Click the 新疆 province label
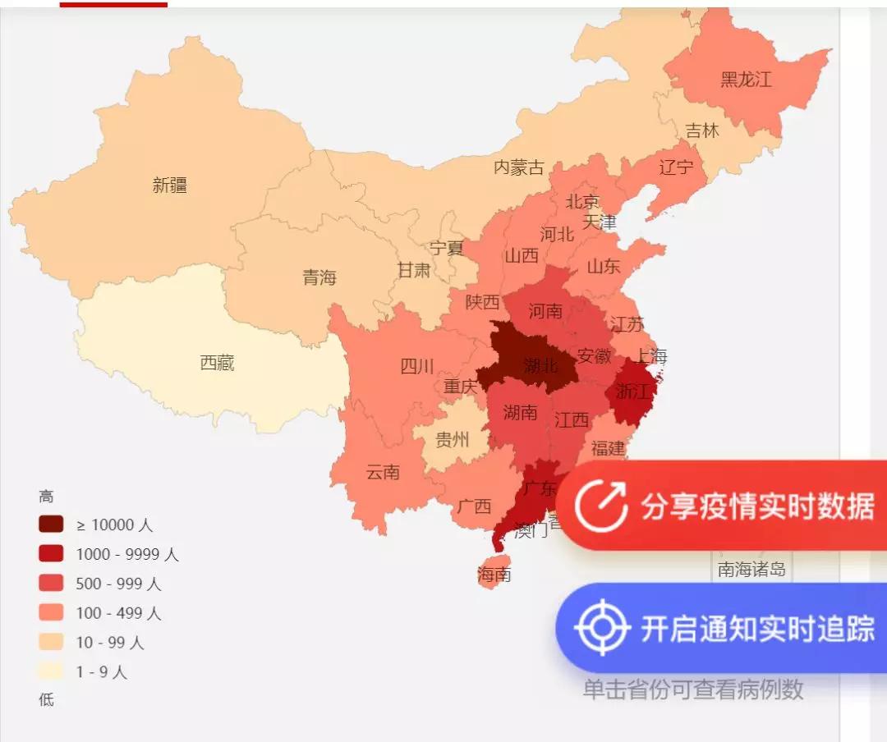(170, 185)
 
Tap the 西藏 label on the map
(218, 362)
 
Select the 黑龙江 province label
(746, 80)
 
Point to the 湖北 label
(540, 365)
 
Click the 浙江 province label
(632, 392)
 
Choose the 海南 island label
(494, 575)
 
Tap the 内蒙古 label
(518, 167)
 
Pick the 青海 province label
(319, 277)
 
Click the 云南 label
(383, 472)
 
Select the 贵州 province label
(452, 440)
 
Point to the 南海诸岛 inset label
(751, 570)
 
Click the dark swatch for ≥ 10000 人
(50, 524)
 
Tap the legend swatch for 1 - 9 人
(50, 671)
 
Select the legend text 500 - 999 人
(118, 584)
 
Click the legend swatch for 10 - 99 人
(50, 642)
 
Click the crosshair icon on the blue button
(602, 629)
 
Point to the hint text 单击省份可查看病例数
(693, 690)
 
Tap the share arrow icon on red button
(601, 506)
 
